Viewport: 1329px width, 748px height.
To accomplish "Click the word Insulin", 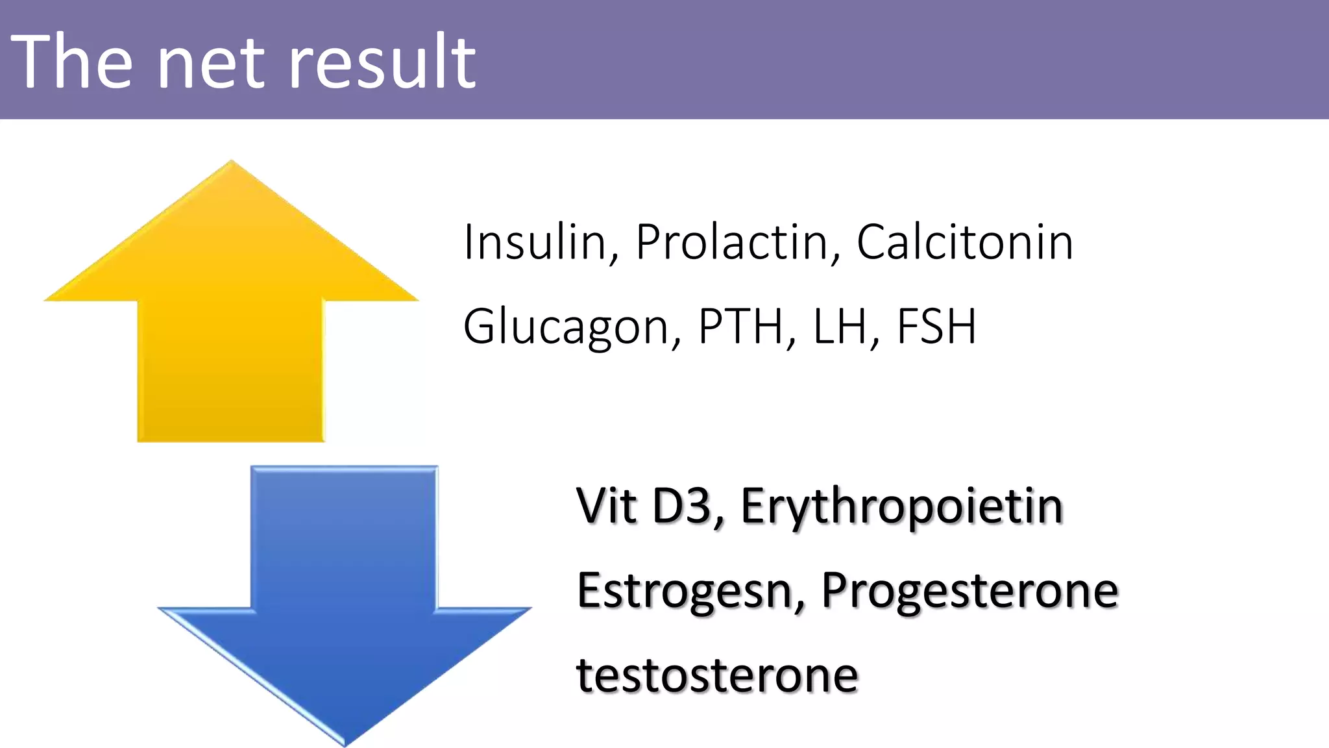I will pyautogui.click(x=534, y=242).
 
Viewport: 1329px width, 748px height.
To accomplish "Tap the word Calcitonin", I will pyautogui.click(x=964, y=242).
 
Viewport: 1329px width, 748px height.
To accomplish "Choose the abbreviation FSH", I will pyautogui.click(x=936, y=327).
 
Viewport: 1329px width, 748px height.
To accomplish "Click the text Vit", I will pyautogui.click(x=606, y=505).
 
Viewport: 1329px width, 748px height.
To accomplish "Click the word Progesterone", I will pyautogui.click(x=969, y=592).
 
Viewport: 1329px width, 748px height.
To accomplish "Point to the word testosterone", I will pyautogui.click(x=717, y=675).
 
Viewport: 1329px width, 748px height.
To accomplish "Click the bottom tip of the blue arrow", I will pyautogui.click(x=345, y=743).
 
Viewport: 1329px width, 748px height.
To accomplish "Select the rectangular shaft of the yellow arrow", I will pyautogui.click(x=230, y=370).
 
